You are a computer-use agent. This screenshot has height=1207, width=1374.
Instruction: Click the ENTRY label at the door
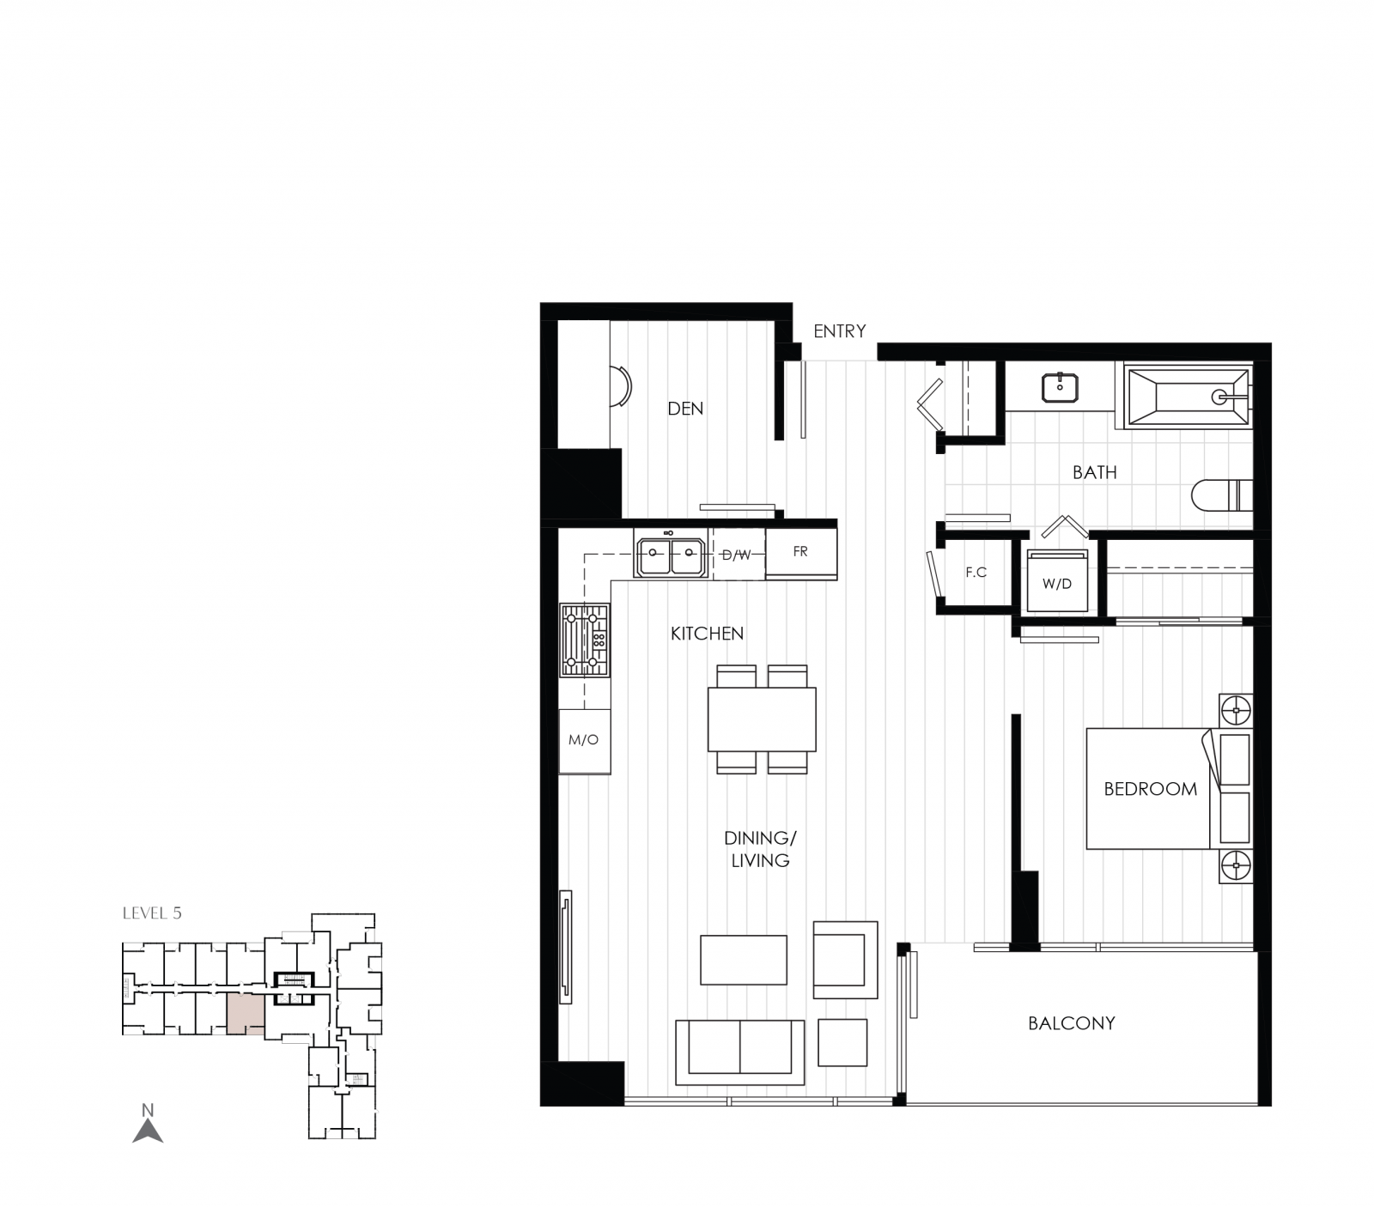[x=839, y=331]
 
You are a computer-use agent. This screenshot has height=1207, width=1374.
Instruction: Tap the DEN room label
[x=685, y=409]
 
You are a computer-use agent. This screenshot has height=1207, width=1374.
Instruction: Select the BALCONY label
[x=1071, y=1023]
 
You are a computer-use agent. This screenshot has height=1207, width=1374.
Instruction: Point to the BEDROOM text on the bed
[x=1150, y=789]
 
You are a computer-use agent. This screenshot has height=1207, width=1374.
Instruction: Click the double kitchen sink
[x=672, y=556]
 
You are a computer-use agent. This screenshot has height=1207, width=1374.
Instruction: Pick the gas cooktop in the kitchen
[x=584, y=640]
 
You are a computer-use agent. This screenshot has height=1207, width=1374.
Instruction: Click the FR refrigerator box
[x=800, y=552]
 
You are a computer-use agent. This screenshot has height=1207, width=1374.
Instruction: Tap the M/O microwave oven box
[x=584, y=740]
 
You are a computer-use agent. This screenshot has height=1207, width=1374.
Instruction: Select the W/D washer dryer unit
[x=1057, y=584]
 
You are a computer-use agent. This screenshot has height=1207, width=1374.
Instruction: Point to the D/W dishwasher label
[x=736, y=555]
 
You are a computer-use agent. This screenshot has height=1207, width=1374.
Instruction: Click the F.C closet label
[x=976, y=573]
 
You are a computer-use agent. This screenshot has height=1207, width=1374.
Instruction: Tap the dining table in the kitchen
[x=762, y=719]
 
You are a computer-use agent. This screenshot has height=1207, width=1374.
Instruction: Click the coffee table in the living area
[x=743, y=960]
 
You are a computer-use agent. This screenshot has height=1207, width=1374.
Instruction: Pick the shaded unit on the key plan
[x=246, y=1015]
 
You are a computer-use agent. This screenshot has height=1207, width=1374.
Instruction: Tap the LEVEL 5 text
[x=152, y=913]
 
